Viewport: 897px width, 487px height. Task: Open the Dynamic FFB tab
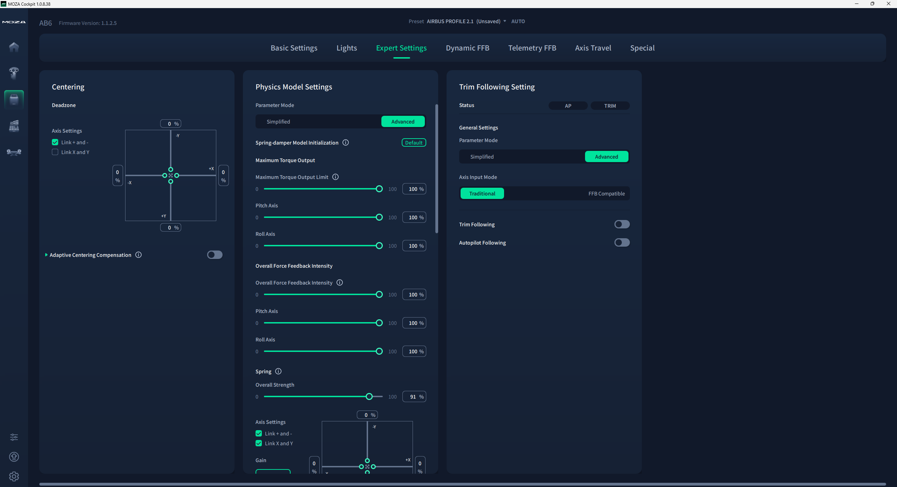467,48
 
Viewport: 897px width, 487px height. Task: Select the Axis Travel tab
593,48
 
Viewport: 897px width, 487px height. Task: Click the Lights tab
347,48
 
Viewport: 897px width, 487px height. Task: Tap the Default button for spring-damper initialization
414,143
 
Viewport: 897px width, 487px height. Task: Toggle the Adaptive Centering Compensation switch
215,255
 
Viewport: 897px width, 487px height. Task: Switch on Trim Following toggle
622,224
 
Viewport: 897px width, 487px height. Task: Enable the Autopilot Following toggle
622,242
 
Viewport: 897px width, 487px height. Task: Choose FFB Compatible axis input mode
606,194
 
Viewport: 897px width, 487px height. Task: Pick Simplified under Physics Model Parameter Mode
278,122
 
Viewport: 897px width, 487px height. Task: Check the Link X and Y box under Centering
55,152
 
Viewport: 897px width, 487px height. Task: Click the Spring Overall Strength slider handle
369,396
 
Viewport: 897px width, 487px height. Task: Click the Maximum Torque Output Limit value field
414,189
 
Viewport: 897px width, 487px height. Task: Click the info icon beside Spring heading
278,371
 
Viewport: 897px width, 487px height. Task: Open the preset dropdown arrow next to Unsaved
505,21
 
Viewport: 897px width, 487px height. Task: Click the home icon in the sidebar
14,47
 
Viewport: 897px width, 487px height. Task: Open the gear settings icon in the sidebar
14,476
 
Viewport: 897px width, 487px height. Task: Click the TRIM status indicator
610,106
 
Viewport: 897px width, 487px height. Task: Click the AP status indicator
568,106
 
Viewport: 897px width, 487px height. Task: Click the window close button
889,4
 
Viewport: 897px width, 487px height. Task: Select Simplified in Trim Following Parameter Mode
482,157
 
